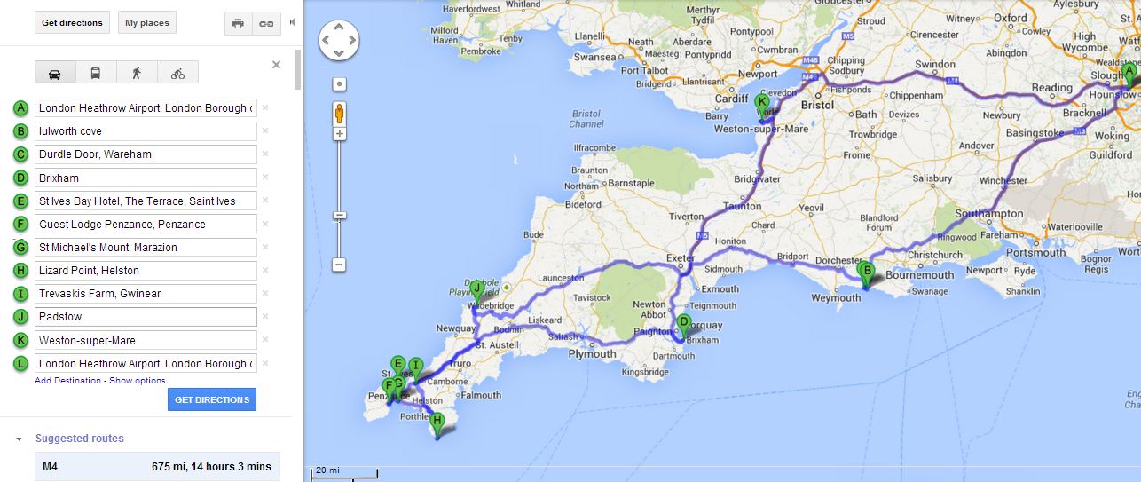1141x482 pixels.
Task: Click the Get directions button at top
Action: [x=73, y=23]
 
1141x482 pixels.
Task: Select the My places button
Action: [x=146, y=23]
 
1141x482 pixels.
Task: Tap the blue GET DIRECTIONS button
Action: [x=211, y=399]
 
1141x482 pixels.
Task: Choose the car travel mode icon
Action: [x=55, y=73]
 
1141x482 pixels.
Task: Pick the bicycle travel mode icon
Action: [x=177, y=73]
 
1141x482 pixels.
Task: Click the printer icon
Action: [x=238, y=23]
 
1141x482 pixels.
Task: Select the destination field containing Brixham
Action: [x=146, y=178]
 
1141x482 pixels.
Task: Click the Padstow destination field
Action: [x=146, y=317]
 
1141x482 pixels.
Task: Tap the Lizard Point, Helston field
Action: [x=146, y=271]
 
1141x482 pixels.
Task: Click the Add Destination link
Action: [x=67, y=381]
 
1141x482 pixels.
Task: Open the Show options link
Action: [x=138, y=381]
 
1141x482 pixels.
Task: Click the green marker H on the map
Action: [x=437, y=425]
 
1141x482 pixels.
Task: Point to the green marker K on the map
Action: [x=761, y=104]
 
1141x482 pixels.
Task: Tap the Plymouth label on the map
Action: [x=592, y=354]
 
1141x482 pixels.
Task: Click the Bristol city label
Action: [x=817, y=105]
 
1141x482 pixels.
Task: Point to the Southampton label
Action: [x=988, y=214]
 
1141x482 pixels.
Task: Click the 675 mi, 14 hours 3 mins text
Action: [x=211, y=466]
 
